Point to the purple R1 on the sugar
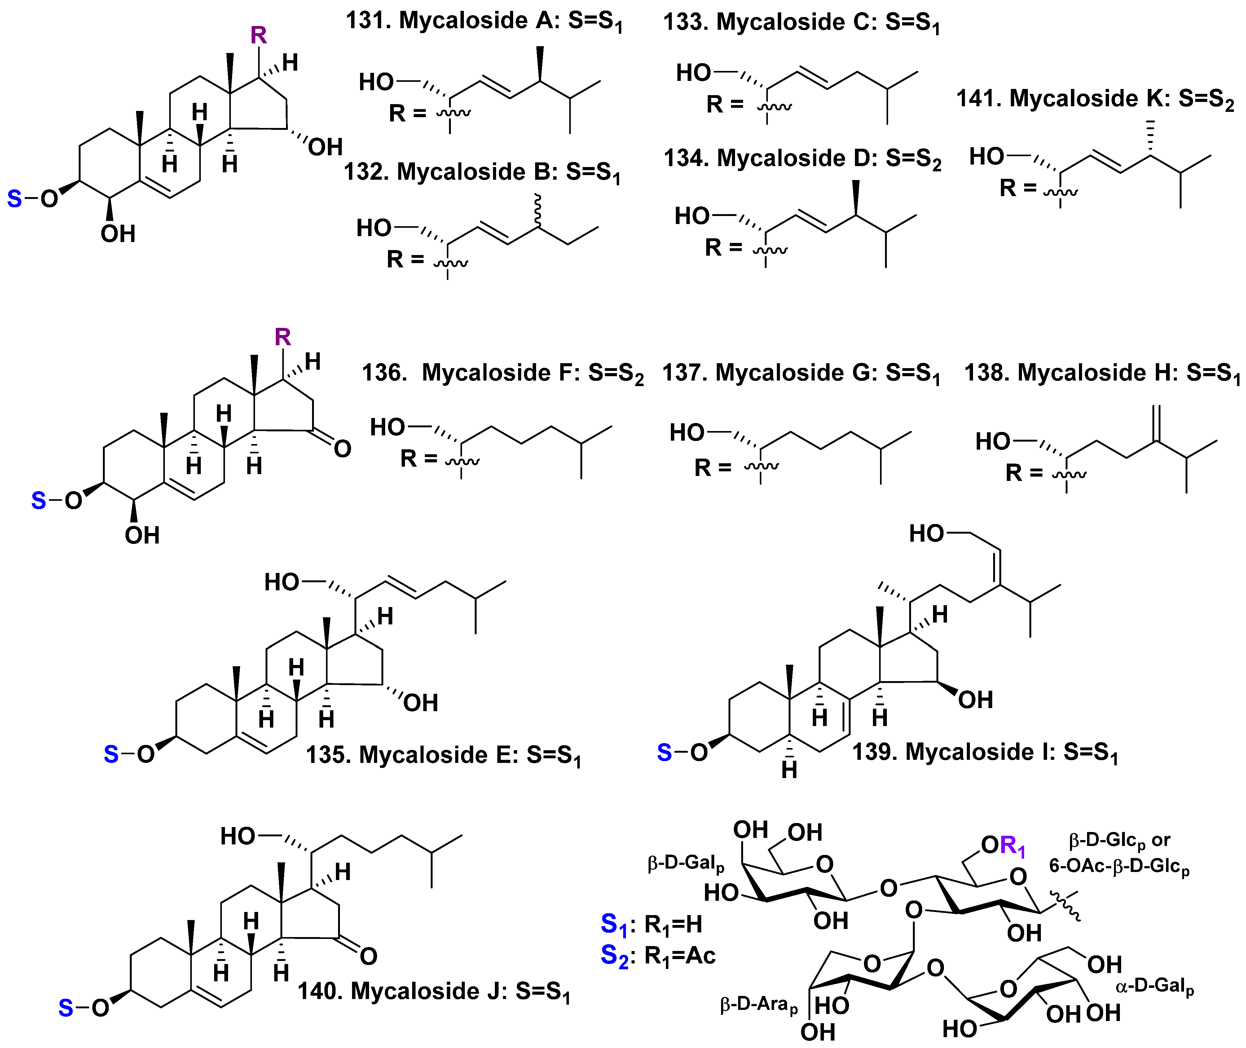click(x=1012, y=845)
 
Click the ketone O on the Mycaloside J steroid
click(x=368, y=957)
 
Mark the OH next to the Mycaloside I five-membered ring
click(x=975, y=700)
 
